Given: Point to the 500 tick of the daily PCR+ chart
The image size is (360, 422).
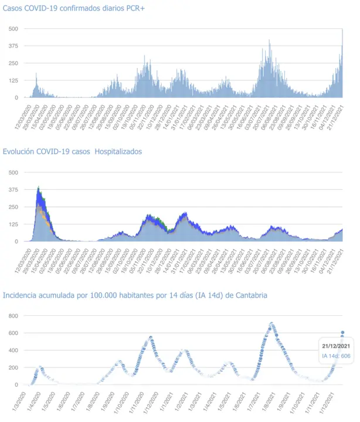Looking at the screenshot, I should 13,29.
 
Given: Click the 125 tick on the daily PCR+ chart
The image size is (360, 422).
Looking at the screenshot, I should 13,80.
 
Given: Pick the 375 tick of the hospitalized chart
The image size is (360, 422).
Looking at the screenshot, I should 13,189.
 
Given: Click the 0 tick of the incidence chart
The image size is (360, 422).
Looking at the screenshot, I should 16,385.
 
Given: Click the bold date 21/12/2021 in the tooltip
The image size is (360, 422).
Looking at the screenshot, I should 336,346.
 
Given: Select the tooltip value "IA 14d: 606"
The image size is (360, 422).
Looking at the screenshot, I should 336,356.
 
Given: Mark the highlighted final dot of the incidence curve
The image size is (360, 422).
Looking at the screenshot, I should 343,332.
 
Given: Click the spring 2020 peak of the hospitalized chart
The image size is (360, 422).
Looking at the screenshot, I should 39,188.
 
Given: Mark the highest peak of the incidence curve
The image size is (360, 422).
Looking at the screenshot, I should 271,323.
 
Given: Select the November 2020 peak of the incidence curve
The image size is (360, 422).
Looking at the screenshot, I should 151,338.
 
